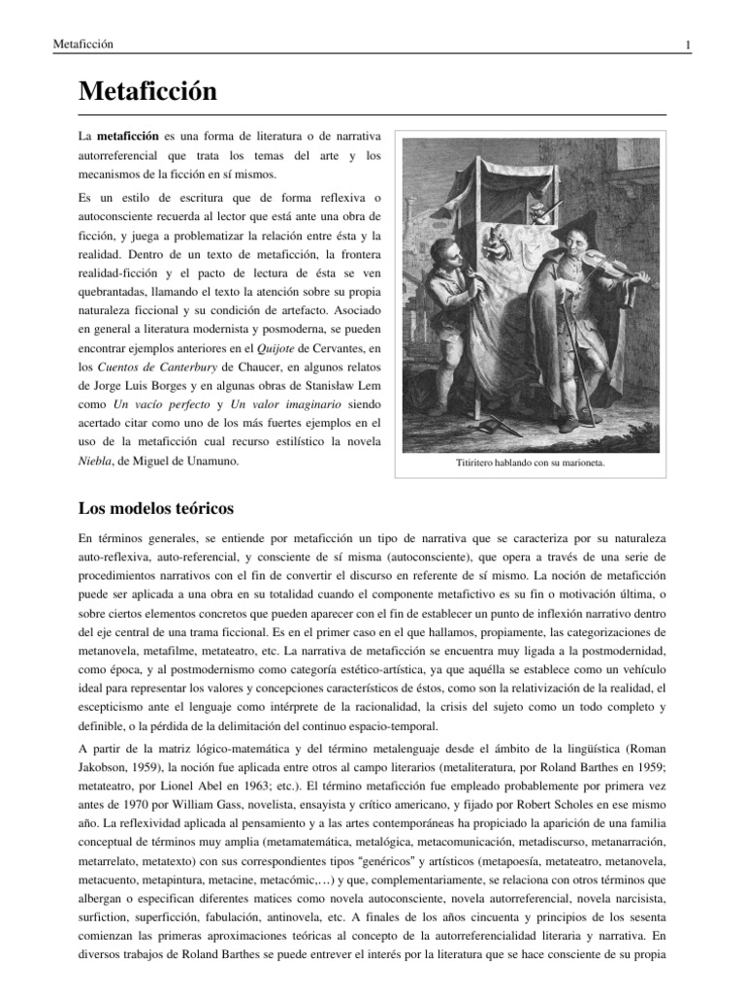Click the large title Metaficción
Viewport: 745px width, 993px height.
click(x=146, y=93)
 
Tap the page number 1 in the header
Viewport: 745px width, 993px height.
click(x=687, y=45)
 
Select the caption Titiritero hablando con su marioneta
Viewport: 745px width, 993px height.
click(x=531, y=464)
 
